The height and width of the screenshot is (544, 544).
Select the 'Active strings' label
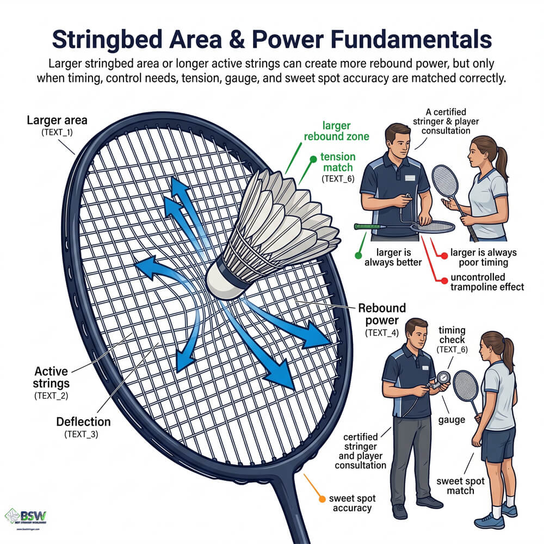point(51,378)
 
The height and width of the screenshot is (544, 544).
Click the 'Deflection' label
point(84,422)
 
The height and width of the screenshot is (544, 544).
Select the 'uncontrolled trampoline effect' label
point(487,281)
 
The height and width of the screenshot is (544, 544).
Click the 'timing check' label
point(452,335)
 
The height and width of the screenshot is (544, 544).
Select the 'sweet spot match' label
point(458,486)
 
